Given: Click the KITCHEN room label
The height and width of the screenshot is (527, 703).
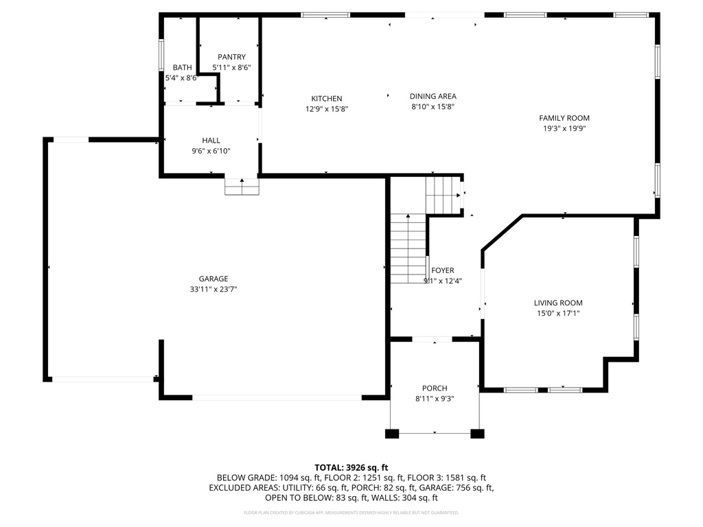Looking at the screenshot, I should (x=327, y=99).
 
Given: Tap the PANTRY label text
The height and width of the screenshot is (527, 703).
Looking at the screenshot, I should (x=231, y=57).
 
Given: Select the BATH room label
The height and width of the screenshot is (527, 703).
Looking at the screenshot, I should (x=182, y=67).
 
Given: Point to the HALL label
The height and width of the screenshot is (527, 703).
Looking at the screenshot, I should (x=211, y=140).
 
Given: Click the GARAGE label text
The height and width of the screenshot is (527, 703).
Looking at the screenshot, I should (x=214, y=279).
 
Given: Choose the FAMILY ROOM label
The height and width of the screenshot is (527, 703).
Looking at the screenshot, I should (x=564, y=118).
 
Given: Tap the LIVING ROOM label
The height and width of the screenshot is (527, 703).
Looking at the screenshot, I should (x=558, y=303).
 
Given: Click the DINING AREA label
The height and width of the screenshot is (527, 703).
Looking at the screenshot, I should (x=433, y=97).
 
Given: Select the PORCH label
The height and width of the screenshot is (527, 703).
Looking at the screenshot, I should (x=435, y=388).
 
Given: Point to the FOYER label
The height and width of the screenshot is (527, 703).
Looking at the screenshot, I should (x=443, y=270).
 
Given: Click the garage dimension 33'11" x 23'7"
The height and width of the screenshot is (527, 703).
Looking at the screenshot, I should (x=214, y=290).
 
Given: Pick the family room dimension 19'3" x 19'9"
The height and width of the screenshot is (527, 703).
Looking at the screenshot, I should (x=564, y=128).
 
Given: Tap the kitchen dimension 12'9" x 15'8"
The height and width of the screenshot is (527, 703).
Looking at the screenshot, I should (x=327, y=109).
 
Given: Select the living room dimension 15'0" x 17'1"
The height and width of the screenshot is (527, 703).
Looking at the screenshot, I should (x=558, y=313).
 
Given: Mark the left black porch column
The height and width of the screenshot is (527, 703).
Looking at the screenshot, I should (x=392, y=434).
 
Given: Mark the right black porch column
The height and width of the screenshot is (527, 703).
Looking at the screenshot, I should (x=477, y=434).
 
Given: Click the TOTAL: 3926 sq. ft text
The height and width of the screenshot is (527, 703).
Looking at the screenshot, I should (x=351, y=467).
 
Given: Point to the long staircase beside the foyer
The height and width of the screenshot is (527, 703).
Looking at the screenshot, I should (x=408, y=248).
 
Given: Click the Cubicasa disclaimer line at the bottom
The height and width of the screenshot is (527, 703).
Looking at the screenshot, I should (x=351, y=513).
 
